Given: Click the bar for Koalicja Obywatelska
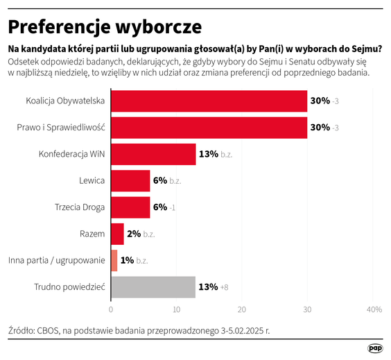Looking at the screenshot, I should [209, 101].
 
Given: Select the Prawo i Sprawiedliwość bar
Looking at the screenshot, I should [209, 128].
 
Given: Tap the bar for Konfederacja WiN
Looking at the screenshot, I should [153, 154].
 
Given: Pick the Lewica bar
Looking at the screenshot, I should [130, 180].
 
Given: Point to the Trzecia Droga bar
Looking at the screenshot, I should [130, 207].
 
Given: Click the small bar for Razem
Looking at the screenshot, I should [117, 234].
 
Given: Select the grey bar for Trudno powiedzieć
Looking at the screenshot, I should [153, 286].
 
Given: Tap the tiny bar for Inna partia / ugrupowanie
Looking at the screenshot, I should [114, 260].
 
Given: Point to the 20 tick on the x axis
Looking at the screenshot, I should [242, 309].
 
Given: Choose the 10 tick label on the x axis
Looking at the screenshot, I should [176, 309].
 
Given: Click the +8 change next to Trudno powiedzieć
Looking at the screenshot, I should [224, 286].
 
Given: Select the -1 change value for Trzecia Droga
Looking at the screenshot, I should [173, 207].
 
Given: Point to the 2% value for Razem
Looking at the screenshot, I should [134, 234].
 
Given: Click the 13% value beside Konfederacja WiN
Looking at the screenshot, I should [208, 154].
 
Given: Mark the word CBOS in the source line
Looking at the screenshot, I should [52, 330].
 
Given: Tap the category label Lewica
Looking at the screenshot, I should [92, 180].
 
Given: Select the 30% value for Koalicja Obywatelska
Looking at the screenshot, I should [320, 101].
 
